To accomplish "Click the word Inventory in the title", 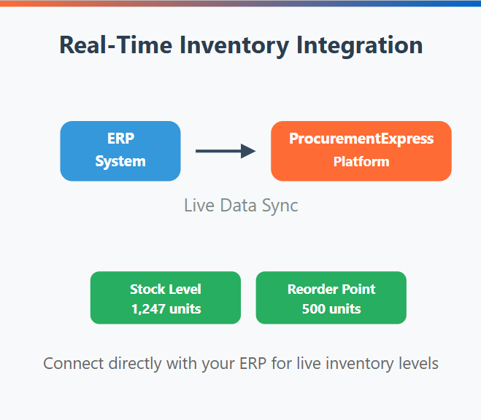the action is pyautogui.click(x=234, y=46).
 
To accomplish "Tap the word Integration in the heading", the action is pyautogui.click(x=360, y=46).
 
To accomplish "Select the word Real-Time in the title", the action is pyautogui.click(x=115, y=44).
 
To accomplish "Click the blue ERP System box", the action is pyautogui.click(x=120, y=151).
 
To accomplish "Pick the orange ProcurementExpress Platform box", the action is pyautogui.click(x=361, y=151).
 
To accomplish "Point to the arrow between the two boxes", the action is pyautogui.click(x=226, y=151).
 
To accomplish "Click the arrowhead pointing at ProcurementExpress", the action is pyautogui.click(x=248, y=151).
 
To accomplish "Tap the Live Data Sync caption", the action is pyautogui.click(x=241, y=206).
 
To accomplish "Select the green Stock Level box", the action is pyautogui.click(x=166, y=297).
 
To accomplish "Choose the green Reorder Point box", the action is pyautogui.click(x=331, y=297).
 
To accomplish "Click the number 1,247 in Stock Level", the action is pyautogui.click(x=148, y=309).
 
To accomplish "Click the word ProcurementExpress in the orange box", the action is pyautogui.click(x=361, y=139).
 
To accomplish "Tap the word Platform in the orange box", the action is pyautogui.click(x=361, y=161).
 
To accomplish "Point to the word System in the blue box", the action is pyautogui.click(x=120, y=161).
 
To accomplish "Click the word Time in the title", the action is pyautogui.click(x=145, y=44).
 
